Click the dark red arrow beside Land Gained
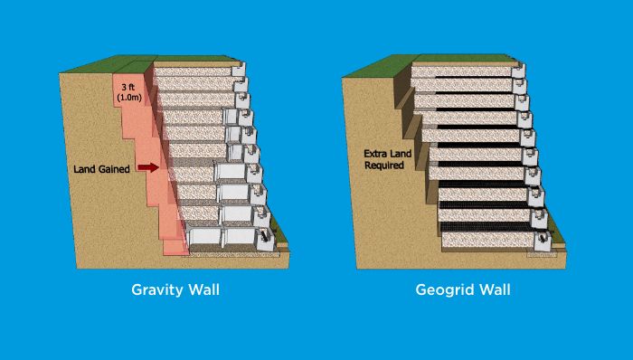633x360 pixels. click(x=150, y=167)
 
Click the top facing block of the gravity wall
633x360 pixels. click(x=240, y=70)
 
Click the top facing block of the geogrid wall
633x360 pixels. click(x=518, y=70)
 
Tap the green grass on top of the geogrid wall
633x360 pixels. click(x=389, y=65)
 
